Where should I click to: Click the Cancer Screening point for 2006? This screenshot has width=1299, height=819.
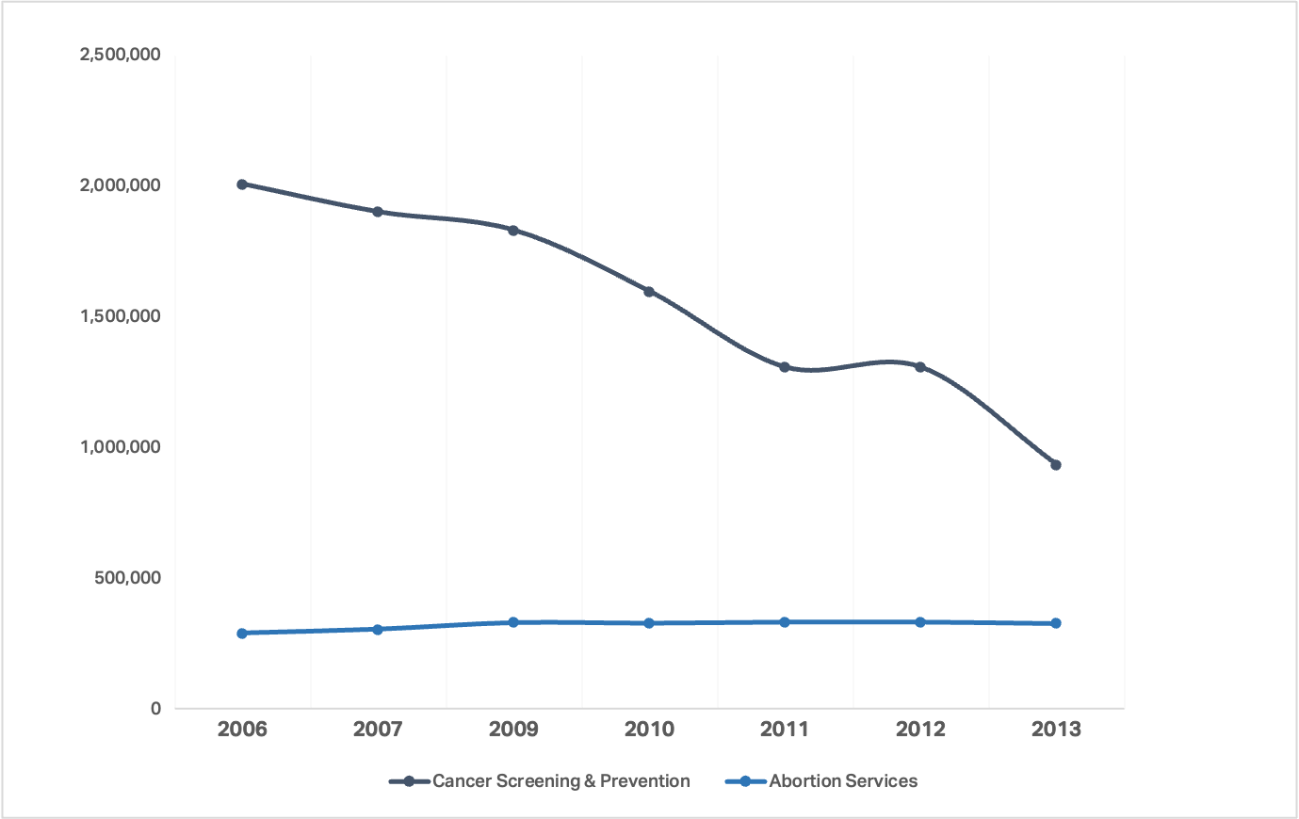coord(242,185)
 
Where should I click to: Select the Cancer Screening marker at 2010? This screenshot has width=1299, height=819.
coord(649,292)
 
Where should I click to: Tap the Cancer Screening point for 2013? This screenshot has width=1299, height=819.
coord(1056,465)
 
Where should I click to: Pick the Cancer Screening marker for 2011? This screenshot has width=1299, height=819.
coord(785,367)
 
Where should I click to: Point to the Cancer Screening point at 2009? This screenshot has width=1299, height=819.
coord(513,231)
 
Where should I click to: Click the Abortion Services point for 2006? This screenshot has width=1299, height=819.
coord(242,634)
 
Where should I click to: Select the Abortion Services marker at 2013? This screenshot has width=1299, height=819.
coord(1056,623)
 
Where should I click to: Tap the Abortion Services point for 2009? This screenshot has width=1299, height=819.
coord(513,622)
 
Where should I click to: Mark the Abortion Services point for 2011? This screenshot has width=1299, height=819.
coord(785,622)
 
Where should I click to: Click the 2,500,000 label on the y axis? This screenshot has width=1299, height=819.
coord(120,55)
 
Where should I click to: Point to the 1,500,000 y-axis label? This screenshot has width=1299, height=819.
coord(120,316)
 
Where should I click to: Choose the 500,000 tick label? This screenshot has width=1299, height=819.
coord(127,578)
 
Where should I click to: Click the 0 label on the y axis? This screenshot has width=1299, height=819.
coord(155,709)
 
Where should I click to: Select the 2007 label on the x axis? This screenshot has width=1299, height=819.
coord(378,730)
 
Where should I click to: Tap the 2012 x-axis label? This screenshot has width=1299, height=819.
coord(920,730)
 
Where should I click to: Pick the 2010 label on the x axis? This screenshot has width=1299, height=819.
coord(649,730)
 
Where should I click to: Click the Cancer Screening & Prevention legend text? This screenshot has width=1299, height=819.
coord(561,781)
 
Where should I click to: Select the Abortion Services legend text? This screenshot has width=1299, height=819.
coord(843,781)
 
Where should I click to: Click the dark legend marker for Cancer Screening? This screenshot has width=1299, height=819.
coord(409,781)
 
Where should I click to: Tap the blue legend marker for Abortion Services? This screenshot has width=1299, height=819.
coord(746,781)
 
